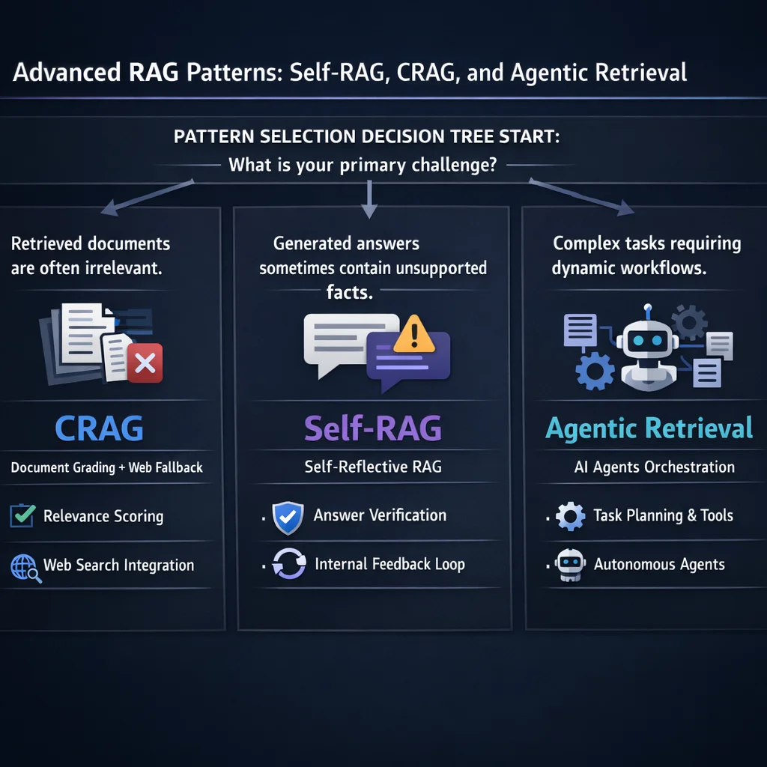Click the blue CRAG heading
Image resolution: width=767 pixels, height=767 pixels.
click(x=100, y=428)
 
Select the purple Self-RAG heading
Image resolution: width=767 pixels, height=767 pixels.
click(x=372, y=428)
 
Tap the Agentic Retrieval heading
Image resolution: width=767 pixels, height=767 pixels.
click(x=649, y=428)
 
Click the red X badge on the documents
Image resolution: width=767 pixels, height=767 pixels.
click(x=145, y=365)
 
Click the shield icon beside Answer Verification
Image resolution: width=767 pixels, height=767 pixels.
click(x=288, y=517)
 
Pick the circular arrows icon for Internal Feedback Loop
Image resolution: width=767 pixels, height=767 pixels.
click(x=288, y=565)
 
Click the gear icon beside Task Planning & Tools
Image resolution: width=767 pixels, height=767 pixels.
click(x=570, y=516)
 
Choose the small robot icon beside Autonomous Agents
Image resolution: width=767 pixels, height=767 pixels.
click(x=570, y=566)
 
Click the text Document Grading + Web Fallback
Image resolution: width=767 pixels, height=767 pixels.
click(x=107, y=467)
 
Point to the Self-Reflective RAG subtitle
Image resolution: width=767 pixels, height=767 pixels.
click(x=373, y=467)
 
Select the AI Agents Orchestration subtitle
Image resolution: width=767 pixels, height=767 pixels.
click(x=654, y=467)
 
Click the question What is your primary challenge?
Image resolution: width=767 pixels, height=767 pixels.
click(x=363, y=165)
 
